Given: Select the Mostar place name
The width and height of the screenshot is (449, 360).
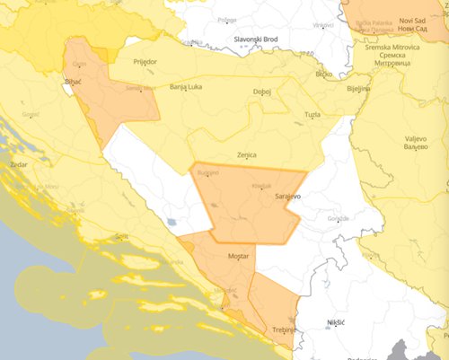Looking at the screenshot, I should (239, 257).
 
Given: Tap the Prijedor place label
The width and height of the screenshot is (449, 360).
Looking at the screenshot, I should (145, 62).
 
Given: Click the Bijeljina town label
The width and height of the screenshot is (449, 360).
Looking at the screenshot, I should (360, 90).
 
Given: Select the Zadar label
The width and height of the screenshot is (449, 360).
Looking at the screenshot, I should (19, 166).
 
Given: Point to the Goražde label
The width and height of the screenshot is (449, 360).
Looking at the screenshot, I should (337, 218).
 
